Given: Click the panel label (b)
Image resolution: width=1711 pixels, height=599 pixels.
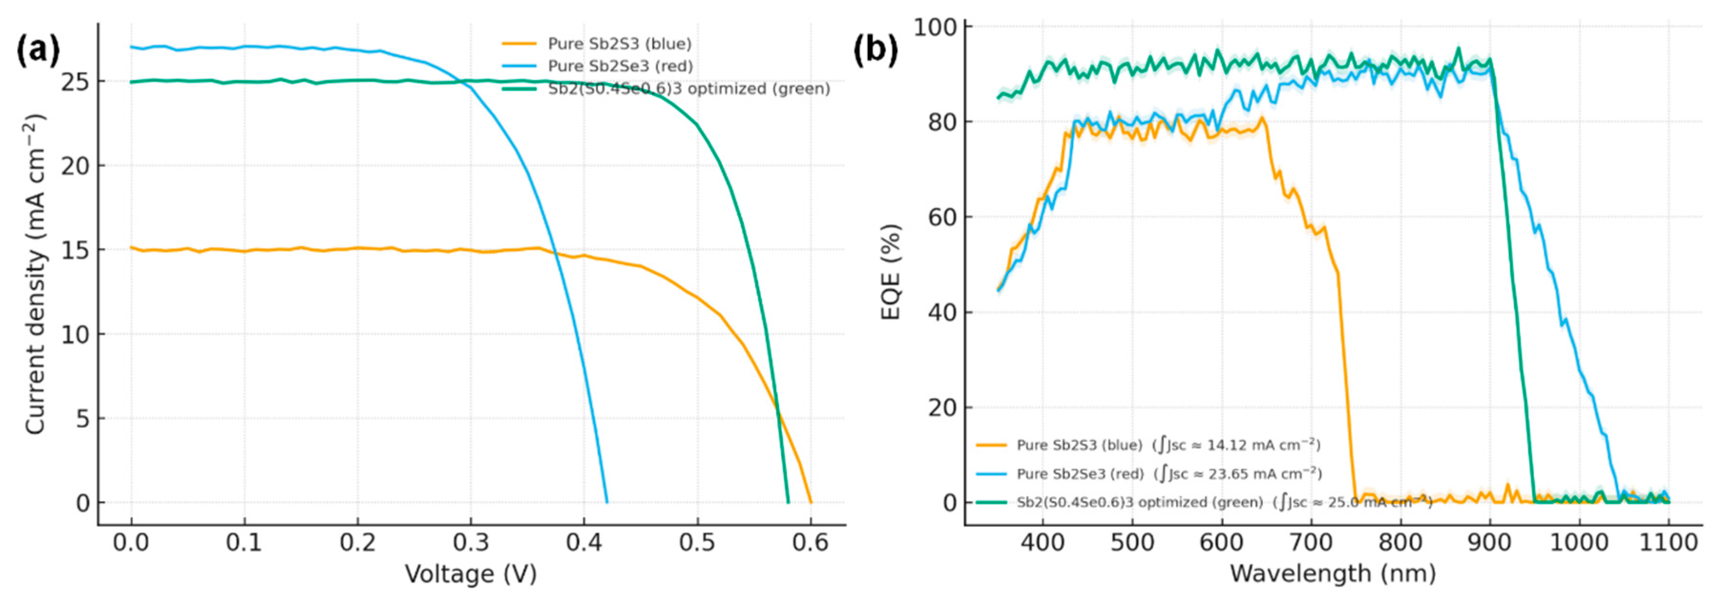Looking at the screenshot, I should pos(876,51).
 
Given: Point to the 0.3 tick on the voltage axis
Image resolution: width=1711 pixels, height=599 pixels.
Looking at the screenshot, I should pos(471,543).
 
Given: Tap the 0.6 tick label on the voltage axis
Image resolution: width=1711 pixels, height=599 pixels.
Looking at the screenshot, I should pos(810,543).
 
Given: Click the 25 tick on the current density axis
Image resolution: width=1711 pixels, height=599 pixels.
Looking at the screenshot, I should pos(74,82).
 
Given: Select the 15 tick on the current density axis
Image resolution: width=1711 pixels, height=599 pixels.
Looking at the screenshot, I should pos(74,251).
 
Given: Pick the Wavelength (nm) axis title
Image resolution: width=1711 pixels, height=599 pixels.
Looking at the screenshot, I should pos(1333,574).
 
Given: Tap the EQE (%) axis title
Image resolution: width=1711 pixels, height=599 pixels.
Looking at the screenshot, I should pos(891,272).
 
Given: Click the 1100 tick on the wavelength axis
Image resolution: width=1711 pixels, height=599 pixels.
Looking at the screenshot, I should pos(1669,543).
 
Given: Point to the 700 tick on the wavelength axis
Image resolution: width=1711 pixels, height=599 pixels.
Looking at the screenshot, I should pos(1311,543).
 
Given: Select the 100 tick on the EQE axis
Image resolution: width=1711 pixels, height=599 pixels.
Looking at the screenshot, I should pos(935,28).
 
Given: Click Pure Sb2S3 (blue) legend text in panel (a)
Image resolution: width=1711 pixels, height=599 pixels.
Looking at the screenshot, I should pos(619,44).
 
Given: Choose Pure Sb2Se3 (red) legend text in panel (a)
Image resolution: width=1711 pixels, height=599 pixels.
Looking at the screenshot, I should pos(620,66).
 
